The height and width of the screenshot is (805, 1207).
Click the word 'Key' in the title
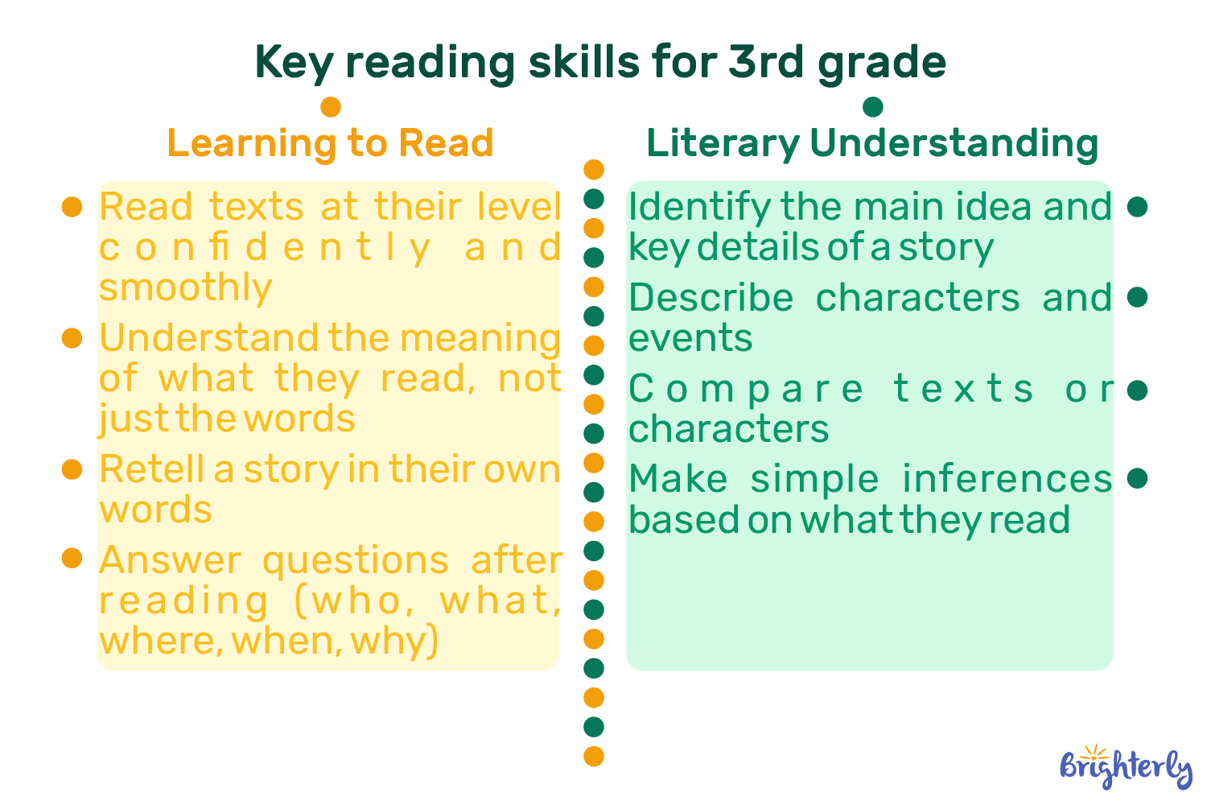[293, 62]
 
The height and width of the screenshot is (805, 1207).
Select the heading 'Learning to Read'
[330, 143]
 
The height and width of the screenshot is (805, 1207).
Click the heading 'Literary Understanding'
[872, 143]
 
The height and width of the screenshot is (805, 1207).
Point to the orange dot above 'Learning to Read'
[331, 107]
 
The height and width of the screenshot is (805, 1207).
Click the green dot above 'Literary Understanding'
[872, 107]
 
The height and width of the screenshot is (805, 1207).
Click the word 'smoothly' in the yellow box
[186, 287]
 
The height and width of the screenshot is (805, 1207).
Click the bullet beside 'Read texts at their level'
[72, 207]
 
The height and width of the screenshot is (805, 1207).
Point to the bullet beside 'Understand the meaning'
[72, 338]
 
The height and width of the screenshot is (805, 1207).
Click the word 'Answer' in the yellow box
[170, 560]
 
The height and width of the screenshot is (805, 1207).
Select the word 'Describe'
[711, 298]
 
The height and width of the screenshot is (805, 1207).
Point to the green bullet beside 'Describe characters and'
[1137, 298]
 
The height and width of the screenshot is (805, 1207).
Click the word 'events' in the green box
[690, 338]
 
